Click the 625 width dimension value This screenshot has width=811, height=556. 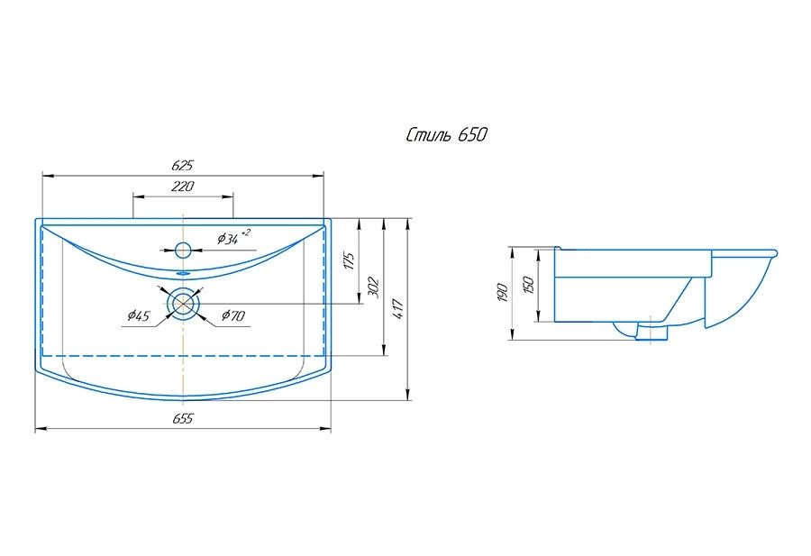tap(183, 165)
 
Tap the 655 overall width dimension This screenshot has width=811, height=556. tap(183, 420)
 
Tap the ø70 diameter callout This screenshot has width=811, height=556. tap(233, 315)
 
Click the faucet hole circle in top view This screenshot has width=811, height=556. tap(183, 250)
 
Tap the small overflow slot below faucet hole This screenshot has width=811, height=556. tap(183, 271)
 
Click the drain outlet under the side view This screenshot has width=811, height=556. tap(652, 333)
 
